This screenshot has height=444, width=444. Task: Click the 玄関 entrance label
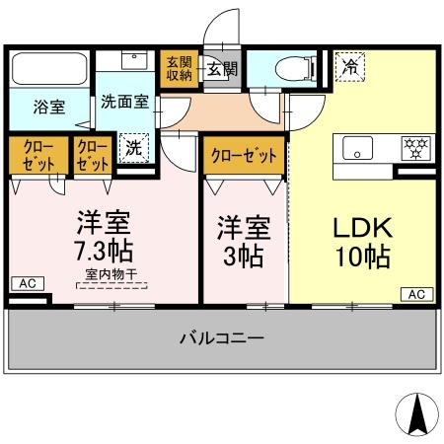tap(220, 69)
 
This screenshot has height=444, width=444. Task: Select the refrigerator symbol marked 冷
tap(350, 67)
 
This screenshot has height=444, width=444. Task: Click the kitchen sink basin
tap(356, 152)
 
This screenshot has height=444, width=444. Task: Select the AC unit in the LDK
tap(416, 294)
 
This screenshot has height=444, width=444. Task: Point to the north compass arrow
tap(416, 409)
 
